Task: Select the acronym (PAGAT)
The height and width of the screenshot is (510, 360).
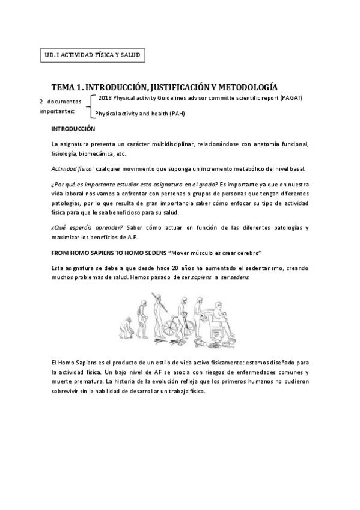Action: coord(290,97)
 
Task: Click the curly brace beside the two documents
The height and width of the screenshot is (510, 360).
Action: coord(90,105)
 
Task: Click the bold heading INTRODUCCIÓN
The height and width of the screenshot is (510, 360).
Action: coord(73,129)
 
